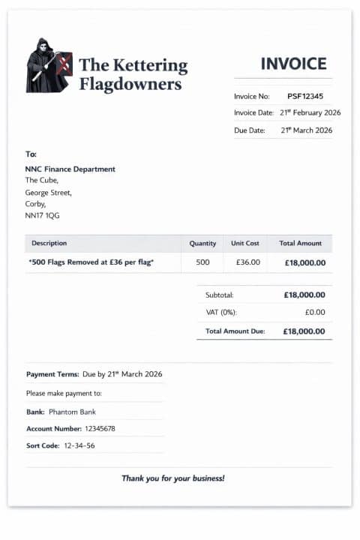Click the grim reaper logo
coord(49,65)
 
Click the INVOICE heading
coord(293,64)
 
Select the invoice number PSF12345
coord(305,96)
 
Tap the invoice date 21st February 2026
coord(310,112)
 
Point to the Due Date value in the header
coord(306,130)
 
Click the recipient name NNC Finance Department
coord(70,169)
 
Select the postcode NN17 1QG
coord(42,215)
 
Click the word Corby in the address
coord(35,204)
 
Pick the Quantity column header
coord(202,243)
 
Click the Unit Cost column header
coord(244,243)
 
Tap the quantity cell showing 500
coord(202,262)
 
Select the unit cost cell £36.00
coord(247,262)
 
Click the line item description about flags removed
coord(91,262)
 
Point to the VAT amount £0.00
coord(315,312)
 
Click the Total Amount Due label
coord(235,331)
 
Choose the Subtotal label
coord(220,295)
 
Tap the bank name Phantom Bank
coord(72,412)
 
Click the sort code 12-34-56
coord(79,445)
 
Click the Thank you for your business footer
coord(173,478)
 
